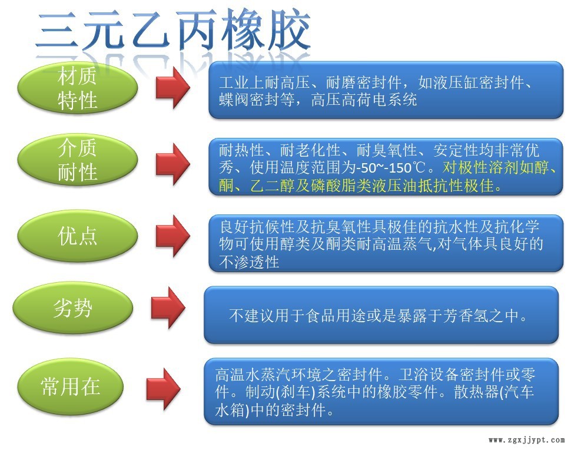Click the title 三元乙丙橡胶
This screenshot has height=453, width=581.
(x=173, y=31)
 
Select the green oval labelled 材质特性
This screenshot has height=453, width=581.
(x=78, y=88)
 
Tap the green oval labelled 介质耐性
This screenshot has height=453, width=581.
(x=78, y=160)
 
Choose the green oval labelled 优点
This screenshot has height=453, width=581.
(x=78, y=236)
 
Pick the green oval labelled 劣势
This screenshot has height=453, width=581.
(x=72, y=307)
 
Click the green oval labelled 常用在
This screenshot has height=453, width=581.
(x=70, y=386)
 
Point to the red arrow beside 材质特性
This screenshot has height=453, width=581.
(x=172, y=88)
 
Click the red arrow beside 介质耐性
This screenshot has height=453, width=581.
(x=172, y=164)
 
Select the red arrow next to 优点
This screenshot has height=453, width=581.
(x=172, y=236)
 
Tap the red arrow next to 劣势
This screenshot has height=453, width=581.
(x=168, y=307)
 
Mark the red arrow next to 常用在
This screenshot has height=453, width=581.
(x=164, y=389)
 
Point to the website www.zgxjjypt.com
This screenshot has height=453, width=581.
(x=526, y=440)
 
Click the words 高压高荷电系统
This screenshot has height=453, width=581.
(x=364, y=100)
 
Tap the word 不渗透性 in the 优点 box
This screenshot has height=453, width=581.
(x=249, y=262)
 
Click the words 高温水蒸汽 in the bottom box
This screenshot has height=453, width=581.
(x=253, y=375)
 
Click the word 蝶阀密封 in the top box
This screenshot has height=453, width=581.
(x=249, y=100)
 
